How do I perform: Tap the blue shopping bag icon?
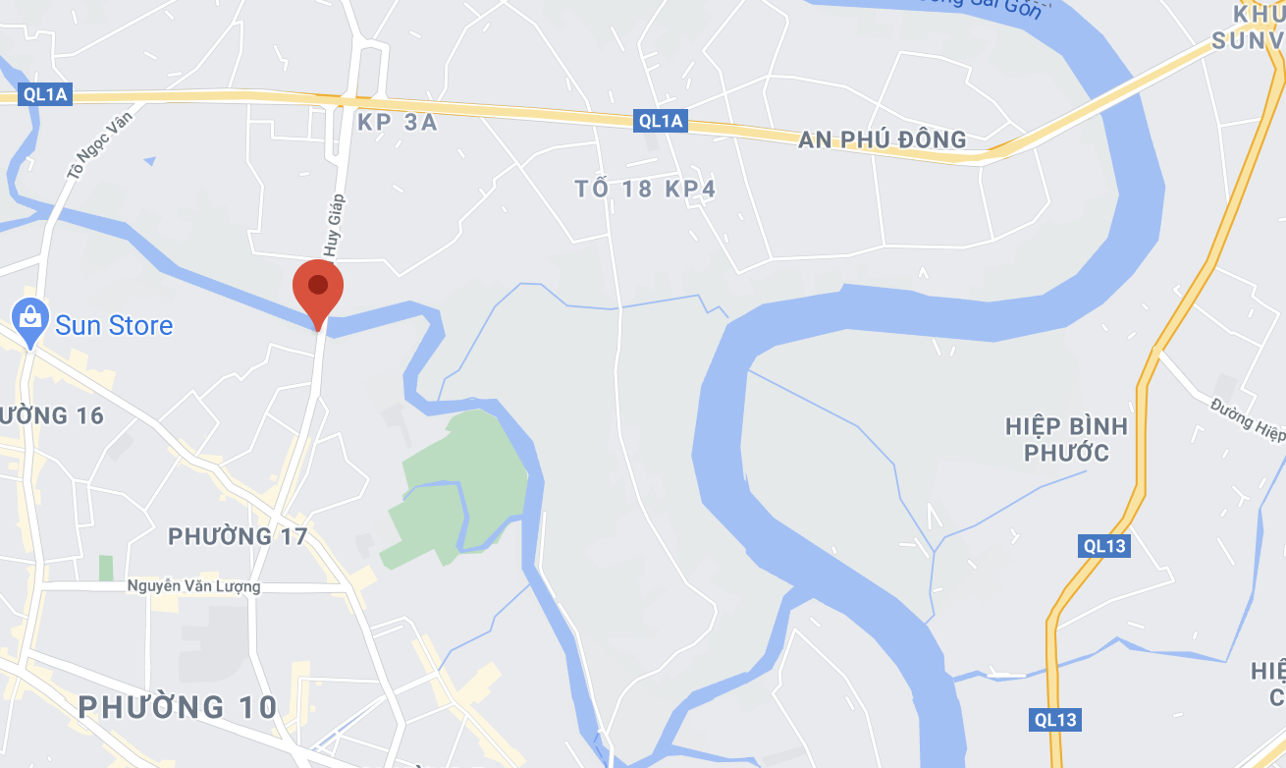point(31,318)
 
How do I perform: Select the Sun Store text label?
point(114,325)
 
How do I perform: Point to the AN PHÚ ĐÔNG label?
point(882,139)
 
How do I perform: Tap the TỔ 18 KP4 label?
point(645,189)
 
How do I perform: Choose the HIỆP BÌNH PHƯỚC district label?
point(1066,439)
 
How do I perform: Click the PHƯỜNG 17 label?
point(238,536)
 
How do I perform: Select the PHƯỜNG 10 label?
point(178,706)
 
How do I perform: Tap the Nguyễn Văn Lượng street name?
point(193,586)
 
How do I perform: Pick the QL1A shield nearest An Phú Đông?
point(660,121)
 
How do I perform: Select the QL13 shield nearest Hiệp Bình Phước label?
point(1104,545)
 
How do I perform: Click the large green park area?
point(465,487)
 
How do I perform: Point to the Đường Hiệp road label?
point(1247,418)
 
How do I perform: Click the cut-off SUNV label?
point(1248,40)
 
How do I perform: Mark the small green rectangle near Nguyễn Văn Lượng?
point(105,568)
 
